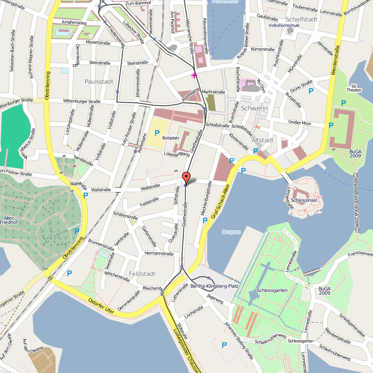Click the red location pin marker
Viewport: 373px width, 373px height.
(x=186, y=178)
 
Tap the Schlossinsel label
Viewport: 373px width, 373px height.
(x=304, y=200)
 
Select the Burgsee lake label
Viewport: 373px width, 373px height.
(x=231, y=232)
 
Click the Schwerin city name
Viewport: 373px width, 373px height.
(x=254, y=108)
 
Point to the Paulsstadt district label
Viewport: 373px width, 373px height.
(x=99, y=81)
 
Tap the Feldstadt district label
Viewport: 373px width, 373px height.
(x=142, y=273)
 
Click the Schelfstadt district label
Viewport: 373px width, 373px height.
(x=301, y=19)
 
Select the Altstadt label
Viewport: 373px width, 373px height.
(x=262, y=140)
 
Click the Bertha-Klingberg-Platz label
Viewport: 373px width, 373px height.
(x=215, y=286)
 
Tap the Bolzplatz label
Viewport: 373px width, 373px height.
(x=171, y=138)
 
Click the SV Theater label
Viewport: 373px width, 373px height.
(x=357, y=88)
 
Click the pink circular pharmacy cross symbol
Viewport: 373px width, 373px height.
(x=194, y=75)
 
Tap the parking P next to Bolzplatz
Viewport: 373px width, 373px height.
(x=157, y=133)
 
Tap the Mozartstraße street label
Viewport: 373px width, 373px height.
(x=97, y=41)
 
